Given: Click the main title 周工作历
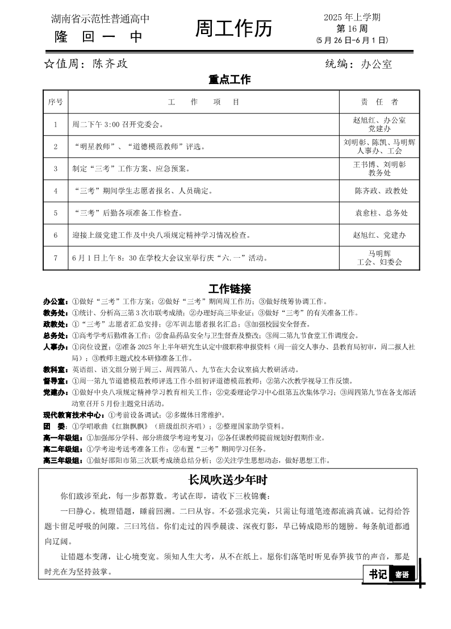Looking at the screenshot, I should point(233,28).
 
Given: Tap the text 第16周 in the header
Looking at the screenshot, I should point(352,28).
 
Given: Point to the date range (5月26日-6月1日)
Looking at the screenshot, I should point(352,40).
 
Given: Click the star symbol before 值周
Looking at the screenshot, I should point(49,64).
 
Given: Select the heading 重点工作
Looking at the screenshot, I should point(229,80).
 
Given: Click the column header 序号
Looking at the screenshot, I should point(56,102).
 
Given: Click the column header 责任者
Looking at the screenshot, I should point(379,102).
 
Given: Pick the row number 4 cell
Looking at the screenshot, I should point(56,191).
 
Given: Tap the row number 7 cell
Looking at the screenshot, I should point(56,258).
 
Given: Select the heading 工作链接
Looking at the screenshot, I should point(229,288).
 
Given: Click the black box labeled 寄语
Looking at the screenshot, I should point(402,574).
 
